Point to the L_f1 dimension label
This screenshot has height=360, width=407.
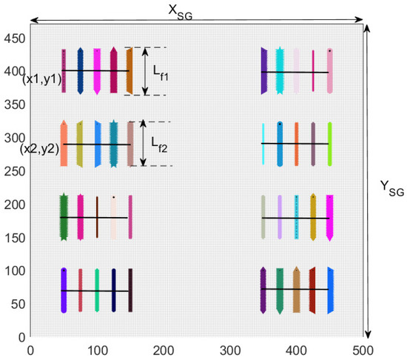tap(163, 73)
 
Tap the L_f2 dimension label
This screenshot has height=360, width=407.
tap(160, 143)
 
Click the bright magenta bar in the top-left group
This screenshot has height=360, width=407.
tap(97, 71)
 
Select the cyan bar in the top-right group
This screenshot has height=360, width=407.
tap(280, 71)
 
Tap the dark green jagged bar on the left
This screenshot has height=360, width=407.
tap(64, 217)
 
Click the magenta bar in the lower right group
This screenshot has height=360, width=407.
tap(329, 217)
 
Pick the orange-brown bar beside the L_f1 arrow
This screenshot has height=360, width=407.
tap(129, 71)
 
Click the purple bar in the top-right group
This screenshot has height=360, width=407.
tap(263, 71)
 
